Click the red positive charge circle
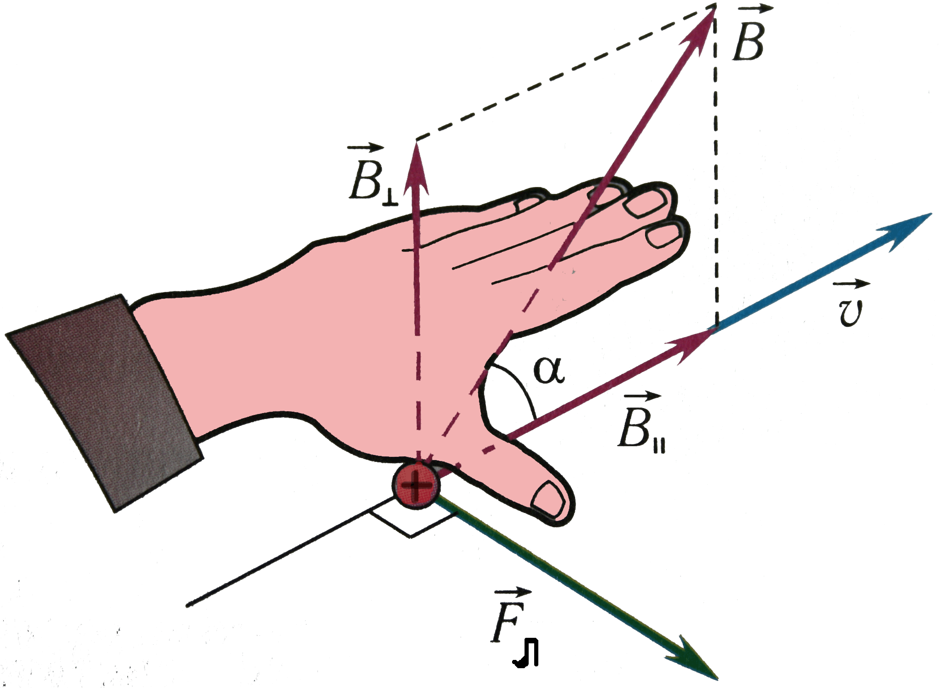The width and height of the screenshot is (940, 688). (416, 485)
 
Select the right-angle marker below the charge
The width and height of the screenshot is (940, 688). (411, 523)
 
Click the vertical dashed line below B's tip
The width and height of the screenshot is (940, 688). (716, 175)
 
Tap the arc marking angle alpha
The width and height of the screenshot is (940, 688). (520, 387)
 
